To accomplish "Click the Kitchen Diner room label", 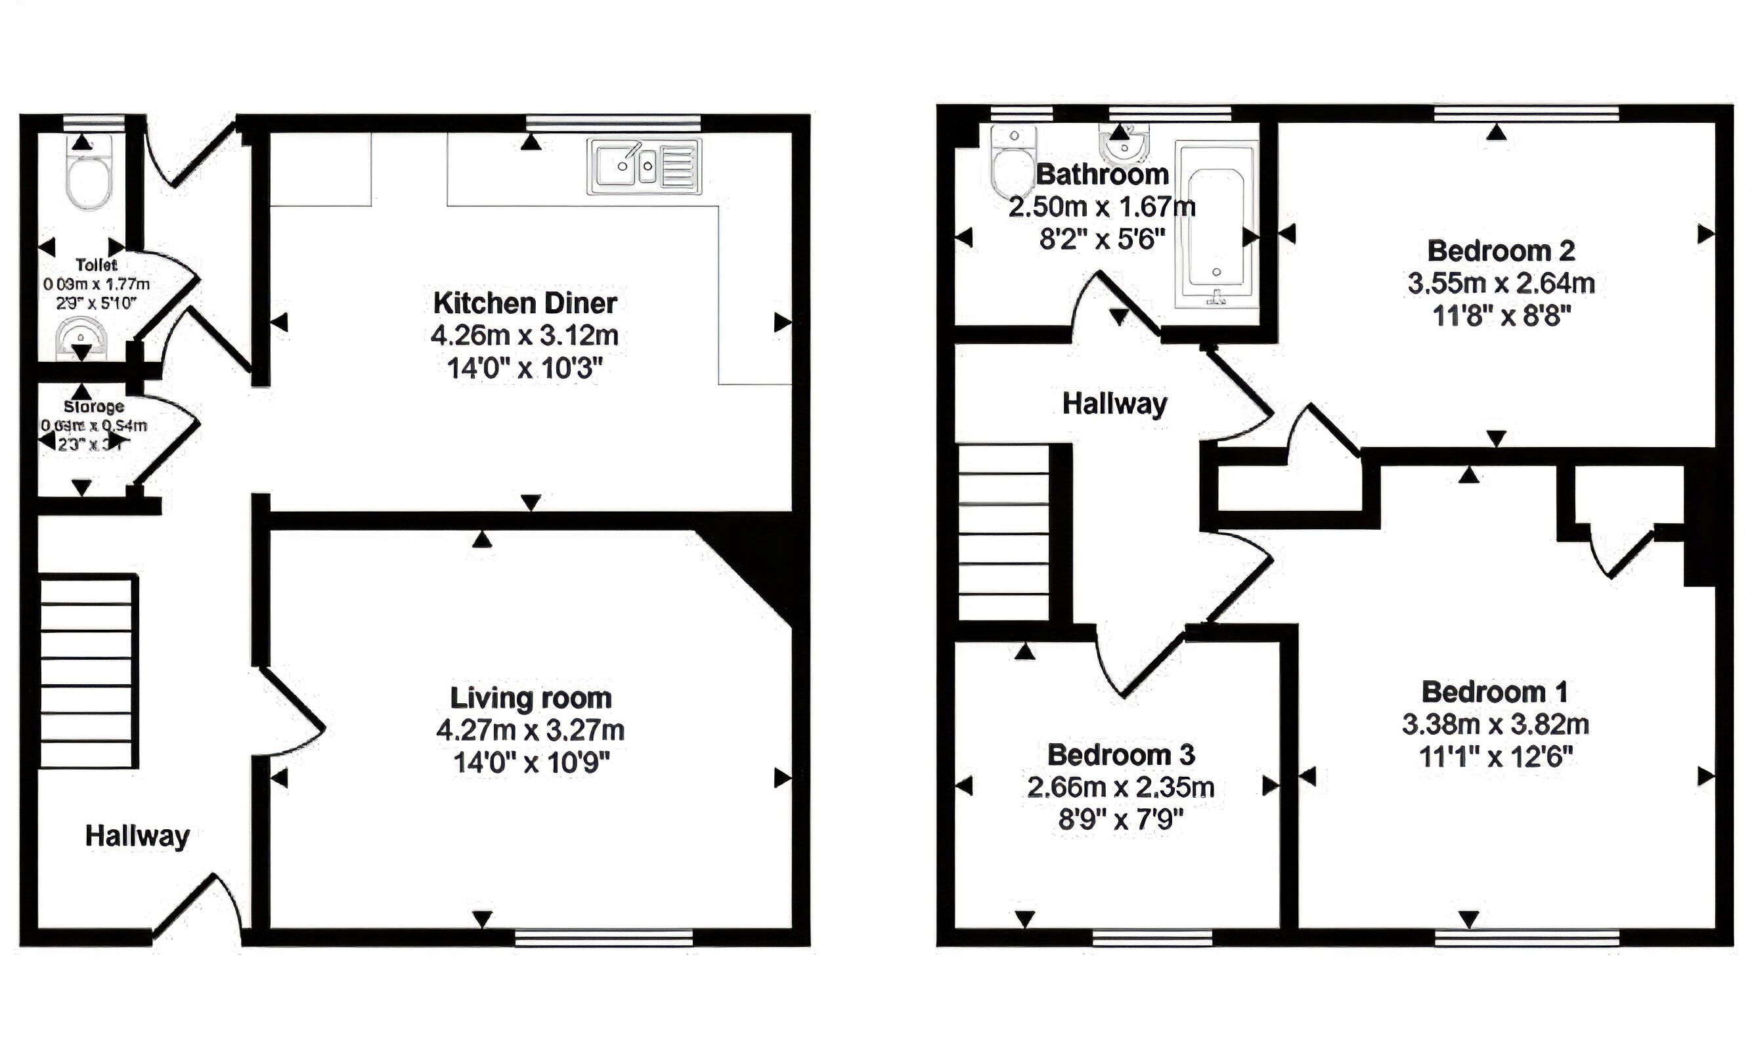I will (525, 303).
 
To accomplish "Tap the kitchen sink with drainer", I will (644, 167).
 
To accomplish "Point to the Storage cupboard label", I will (94, 406).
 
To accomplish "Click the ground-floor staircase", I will (87, 672).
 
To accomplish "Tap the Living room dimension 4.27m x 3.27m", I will (531, 730).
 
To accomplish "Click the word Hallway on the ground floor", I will (137, 835).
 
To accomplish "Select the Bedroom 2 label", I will (1501, 251).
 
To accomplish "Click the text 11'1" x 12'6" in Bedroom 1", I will (1495, 757).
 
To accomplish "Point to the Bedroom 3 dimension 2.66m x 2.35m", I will (1120, 787).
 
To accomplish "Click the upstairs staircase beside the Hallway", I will (1003, 534).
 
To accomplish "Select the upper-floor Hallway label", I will (1114, 404).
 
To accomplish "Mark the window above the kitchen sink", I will (613, 123).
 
